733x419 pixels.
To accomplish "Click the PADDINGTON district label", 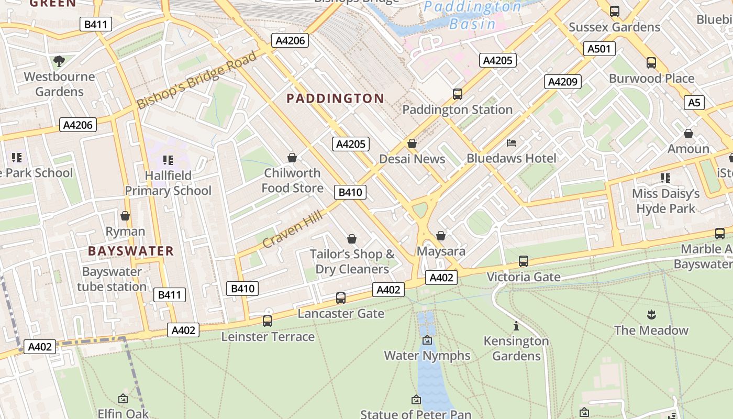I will pyautogui.click(x=335, y=98).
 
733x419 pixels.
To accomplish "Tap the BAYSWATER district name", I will pyautogui.click(x=131, y=251).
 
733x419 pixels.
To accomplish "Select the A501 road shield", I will pyautogui.click(x=599, y=49).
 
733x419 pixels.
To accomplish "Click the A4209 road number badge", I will pyautogui.click(x=563, y=82).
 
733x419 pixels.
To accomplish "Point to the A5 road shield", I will pyautogui.click(x=694, y=103).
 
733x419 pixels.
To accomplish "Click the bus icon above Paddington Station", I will pyautogui.click(x=457, y=94).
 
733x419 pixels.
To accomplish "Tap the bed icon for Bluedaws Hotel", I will pyautogui.click(x=512, y=143).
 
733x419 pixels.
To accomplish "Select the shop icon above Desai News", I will pyautogui.click(x=412, y=144).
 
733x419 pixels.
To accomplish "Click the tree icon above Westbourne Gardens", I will pyautogui.click(x=59, y=61).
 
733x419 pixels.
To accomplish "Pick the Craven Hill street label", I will pyautogui.click(x=292, y=227).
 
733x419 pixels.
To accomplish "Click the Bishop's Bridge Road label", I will pyautogui.click(x=197, y=80).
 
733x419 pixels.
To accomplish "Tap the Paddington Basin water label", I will pyautogui.click(x=472, y=15).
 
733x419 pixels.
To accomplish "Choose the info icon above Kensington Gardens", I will pyautogui.click(x=516, y=326).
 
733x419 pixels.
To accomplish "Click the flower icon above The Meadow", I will pyautogui.click(x=651, y=315).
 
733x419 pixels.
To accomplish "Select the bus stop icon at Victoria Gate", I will pyautogui.click(x=523, y=261).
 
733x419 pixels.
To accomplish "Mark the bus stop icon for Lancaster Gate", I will pyautogui.click(x=341, y=298).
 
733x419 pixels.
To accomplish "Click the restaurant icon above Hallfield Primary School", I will pyautogui.click(x=168, y=160).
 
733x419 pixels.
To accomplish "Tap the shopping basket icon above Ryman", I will pyautogui.click(x=125, y=216).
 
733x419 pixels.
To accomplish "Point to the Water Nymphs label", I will pyautogui.click(x=427, y=356).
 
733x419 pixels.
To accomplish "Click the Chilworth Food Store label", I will pyautogui.click(x=292, y=180).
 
